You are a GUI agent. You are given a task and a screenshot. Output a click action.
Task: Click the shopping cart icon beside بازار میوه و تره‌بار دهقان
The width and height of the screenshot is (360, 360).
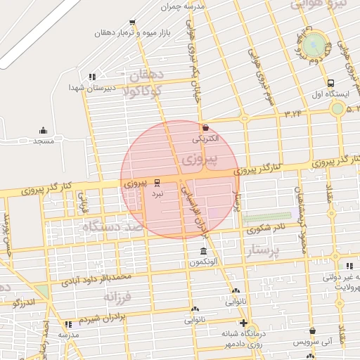[132, 23]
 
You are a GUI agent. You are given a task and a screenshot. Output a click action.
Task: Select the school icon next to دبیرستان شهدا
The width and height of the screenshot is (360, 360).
[91, 77]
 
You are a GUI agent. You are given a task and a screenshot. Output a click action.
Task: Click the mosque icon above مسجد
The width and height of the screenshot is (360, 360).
[43, 130]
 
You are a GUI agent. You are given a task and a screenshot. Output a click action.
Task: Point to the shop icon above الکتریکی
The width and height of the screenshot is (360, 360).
[205, 128]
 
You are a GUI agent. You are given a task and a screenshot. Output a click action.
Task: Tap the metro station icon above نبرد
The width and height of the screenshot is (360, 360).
[157, 181]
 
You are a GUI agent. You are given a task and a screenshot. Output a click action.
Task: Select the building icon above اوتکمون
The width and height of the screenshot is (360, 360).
[203, 252]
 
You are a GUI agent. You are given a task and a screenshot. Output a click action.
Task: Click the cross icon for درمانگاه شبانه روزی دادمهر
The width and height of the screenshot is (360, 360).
[243, 323]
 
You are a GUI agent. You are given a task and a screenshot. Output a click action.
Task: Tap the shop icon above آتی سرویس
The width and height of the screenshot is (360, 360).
[312, 330]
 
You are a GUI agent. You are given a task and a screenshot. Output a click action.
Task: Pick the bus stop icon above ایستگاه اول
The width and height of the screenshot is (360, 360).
[330, 83]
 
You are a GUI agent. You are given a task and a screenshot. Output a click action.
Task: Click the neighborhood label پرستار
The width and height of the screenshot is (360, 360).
[264, 250]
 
